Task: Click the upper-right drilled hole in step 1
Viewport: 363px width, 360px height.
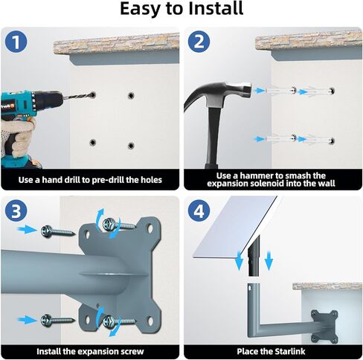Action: coord(131,96)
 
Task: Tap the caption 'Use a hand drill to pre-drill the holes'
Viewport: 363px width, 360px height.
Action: coord(90,179)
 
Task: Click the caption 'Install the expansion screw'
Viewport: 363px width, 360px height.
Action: coord(90,350)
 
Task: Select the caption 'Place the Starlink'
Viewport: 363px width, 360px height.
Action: coord(272,350)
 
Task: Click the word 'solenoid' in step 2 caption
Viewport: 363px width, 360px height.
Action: coord(276,184)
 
